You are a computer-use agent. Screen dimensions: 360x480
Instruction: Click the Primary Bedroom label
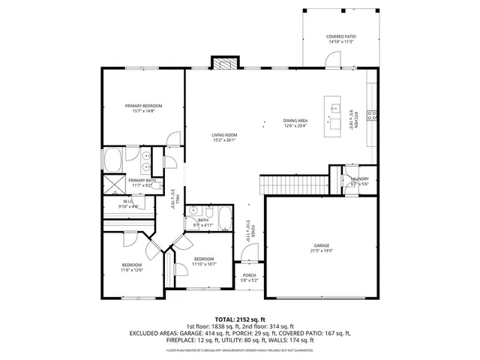pos(143,106)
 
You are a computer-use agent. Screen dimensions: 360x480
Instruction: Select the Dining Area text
pos(295,121)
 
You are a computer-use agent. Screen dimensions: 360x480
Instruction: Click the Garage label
pos(322,245)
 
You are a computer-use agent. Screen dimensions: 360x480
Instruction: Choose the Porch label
pos(249,275)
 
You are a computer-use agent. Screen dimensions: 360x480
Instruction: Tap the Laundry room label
pos(358,178)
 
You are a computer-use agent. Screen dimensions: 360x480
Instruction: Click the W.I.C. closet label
pos(127,201)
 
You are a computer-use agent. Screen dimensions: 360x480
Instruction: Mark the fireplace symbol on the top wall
pos(224,64)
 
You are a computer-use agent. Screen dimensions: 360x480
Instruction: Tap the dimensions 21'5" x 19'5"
pos(322,250)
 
